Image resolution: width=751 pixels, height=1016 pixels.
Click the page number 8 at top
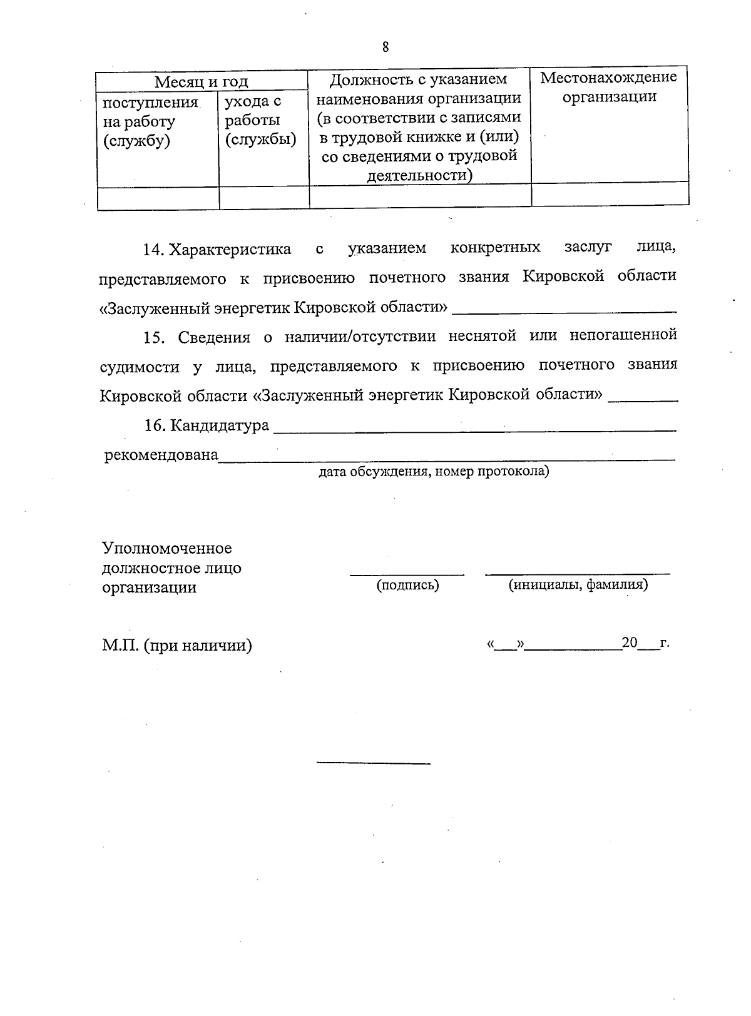(x=385, y=47)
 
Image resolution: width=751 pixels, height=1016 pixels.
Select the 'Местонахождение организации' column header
(x=609, y=88)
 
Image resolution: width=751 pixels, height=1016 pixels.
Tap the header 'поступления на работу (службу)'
(x=150, y=121)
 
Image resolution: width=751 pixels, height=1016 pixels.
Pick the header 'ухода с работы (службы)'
(x=260, y=120)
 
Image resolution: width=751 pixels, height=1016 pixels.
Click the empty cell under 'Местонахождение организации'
(x=610, y=194)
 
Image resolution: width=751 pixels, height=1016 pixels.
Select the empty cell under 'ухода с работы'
(x=263, y=198)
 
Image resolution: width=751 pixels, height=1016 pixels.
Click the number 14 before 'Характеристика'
(x=153, y=249)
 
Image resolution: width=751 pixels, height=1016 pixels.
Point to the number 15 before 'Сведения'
(x=153, y=337)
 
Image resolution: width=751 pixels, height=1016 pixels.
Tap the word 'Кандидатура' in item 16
(x=220, y=426)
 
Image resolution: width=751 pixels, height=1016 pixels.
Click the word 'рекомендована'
(x=161, y=455)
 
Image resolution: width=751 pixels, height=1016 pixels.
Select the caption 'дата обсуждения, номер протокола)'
(x=434, y=471)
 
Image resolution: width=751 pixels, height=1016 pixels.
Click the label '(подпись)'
(x=407, y=585)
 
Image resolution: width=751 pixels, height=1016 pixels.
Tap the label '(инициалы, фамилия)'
(x=578, y=584)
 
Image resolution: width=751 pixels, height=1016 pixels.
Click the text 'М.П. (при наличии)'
(x=177, y=645)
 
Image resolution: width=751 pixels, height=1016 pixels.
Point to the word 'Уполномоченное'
(x=166, y=548)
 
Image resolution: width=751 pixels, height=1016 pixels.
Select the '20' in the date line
(x=629, y=643)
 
